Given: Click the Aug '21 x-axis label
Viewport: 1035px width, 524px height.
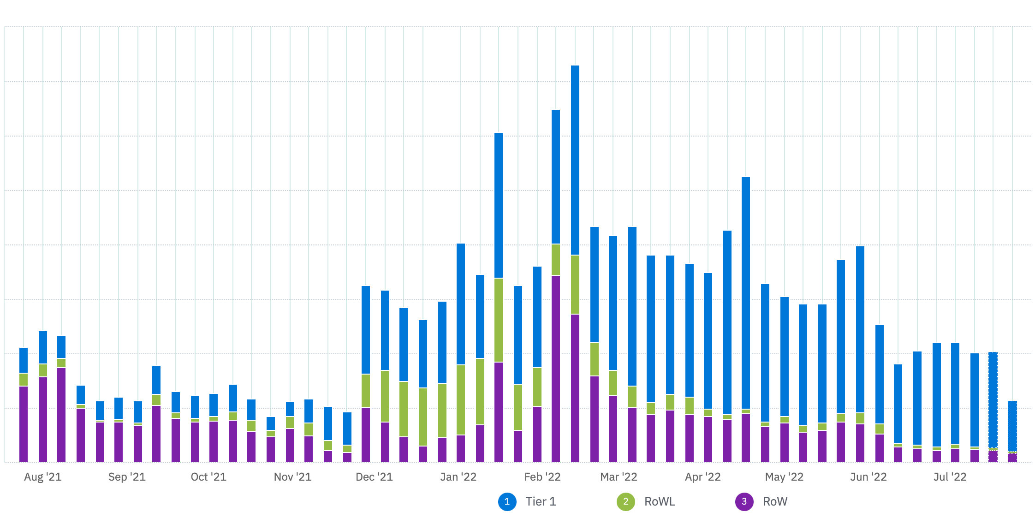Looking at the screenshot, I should click(x=42, y=477).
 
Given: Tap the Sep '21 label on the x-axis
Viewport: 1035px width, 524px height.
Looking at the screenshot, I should click(x=127, y=477).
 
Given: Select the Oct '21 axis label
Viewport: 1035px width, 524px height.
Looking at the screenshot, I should click(x=208, y=477).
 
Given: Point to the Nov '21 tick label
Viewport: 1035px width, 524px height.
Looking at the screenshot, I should click(x=292, y=477).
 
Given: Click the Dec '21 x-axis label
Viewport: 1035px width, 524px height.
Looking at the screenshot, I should click(x=374, y=477).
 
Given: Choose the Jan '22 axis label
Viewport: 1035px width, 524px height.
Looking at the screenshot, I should click(x=458, y=477).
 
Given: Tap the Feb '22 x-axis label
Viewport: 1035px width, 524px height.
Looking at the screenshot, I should click(x=542, y=477).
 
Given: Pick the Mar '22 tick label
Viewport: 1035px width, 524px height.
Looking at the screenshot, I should click(x=619, y=477).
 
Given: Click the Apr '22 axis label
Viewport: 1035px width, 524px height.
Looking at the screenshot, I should click(x=702, y=477).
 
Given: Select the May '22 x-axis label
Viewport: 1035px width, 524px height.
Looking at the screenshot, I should click(x=784, y=477).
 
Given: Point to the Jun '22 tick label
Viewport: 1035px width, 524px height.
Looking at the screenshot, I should click(x=868, y=477).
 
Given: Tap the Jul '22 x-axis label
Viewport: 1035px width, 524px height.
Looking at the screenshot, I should click(x=950, y=477).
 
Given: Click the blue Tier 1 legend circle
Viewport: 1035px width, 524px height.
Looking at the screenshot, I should click(x=507, y=502).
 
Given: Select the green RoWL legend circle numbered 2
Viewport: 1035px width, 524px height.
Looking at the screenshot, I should click(x=626, y=502).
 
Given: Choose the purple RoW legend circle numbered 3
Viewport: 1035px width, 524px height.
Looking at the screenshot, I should click(x=744, y=502).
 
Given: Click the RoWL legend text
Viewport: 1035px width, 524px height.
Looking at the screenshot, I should click(x=660, y=502).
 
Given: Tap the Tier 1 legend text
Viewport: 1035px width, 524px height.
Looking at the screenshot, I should click(x=541, y=502).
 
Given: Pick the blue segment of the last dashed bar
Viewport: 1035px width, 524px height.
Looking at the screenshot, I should click(x=1012, y=426).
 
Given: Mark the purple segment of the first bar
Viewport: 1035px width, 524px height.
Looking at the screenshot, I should click(x=24, y=424).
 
